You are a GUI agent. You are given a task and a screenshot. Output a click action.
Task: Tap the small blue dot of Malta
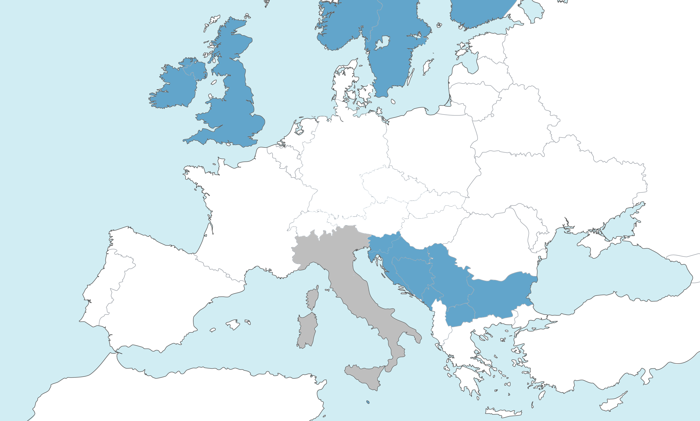[x=368, y=402]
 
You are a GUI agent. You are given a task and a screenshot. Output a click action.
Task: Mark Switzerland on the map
[x=309, y=224]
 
